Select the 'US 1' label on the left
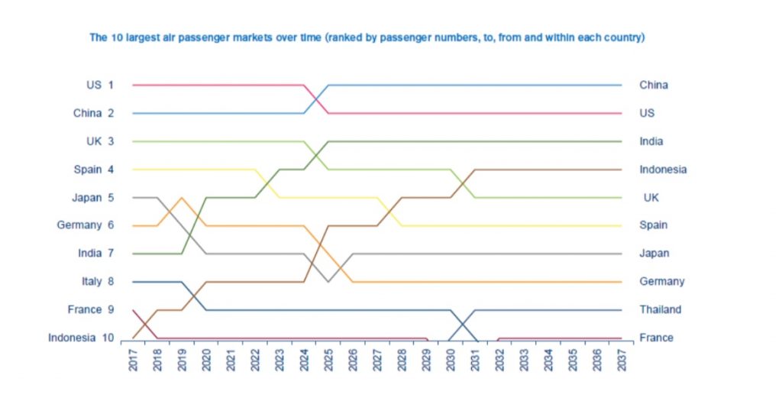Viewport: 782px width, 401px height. point(100,85)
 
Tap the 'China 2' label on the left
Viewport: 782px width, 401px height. point(93,113)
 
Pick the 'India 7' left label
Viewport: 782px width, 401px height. point(95,254)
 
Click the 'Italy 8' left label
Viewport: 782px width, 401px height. point(97,281)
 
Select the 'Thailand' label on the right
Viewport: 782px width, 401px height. point(660,309)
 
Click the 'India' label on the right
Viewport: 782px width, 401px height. point(651,141)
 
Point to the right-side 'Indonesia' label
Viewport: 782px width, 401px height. point(663,170)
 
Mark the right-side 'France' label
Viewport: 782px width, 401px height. point(656,338)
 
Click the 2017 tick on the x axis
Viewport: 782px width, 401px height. point(133,360)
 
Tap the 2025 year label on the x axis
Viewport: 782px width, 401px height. point(328,360)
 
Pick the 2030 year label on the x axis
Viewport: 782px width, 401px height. point(451,360)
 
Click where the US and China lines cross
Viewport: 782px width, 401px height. point(316,99)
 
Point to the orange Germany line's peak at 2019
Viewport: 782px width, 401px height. point(182,198)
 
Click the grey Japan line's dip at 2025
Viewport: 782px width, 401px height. point(328,282)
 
